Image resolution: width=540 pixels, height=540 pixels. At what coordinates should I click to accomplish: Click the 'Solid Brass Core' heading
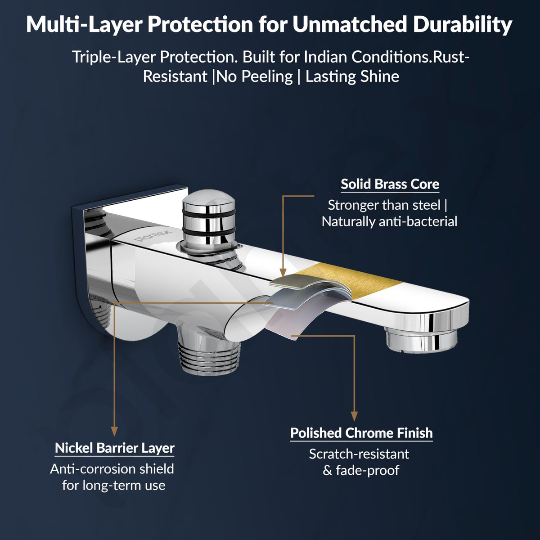[390, 184]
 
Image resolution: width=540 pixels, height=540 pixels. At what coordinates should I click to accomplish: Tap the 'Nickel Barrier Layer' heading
[115, 448]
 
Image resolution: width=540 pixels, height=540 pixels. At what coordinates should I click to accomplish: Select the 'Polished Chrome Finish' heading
[361, 433]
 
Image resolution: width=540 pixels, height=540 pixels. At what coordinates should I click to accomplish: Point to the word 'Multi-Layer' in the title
[85, 25]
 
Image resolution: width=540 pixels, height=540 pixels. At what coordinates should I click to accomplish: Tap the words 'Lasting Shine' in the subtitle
[352, 76]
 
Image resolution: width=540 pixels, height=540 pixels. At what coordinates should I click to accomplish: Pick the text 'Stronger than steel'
[384, 205]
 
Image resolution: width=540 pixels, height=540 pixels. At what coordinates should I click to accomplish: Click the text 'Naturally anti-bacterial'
[390, 222]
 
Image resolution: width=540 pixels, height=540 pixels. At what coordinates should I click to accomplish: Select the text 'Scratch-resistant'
[359, 454]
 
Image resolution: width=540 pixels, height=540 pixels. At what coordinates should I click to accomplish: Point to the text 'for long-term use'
[114, 486]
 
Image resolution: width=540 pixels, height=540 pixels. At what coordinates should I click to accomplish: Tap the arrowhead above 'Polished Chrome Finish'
[355, 416]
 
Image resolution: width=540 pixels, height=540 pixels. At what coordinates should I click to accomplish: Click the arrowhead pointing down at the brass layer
[283, 273]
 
